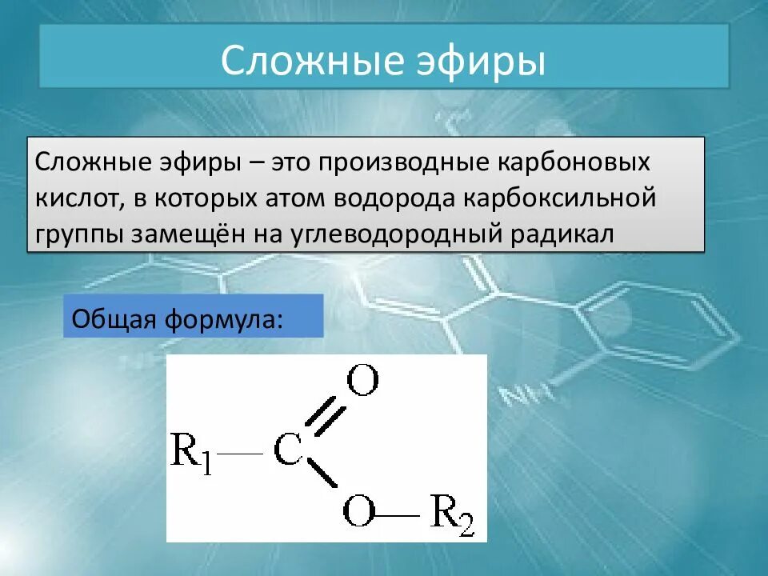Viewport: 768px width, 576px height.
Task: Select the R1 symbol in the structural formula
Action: tap(191, 454)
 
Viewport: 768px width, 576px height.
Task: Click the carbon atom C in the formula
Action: tap(287, 453)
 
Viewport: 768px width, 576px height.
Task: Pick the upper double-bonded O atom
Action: tap(362, 382)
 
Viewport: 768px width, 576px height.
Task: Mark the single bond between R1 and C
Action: tap(239, 454)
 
